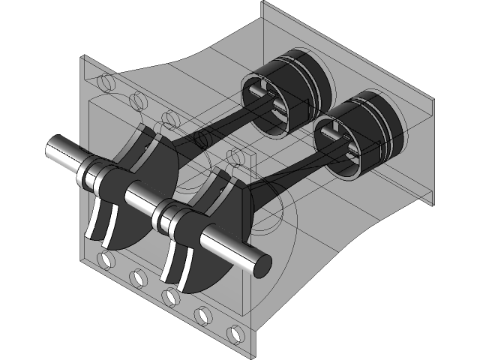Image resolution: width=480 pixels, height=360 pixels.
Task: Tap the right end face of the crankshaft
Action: click(x=260, y=263)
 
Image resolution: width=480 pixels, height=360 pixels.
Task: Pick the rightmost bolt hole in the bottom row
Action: click(x=233, y=334)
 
